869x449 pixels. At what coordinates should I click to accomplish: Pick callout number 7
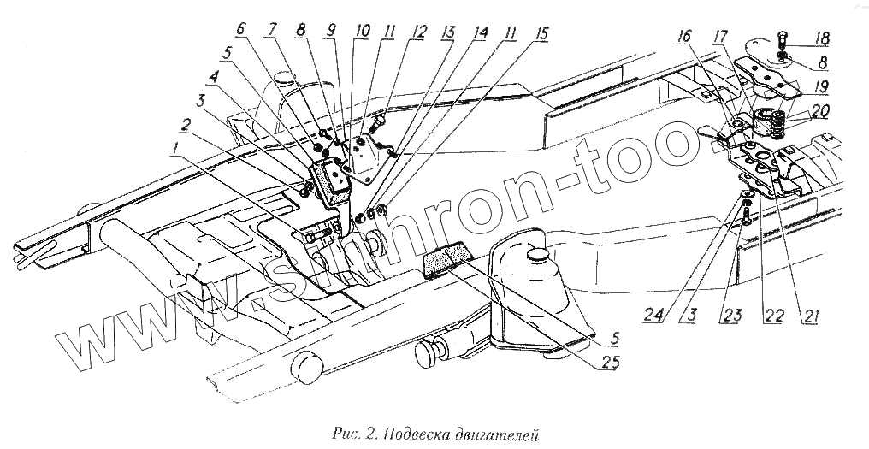click(x=271, y=29)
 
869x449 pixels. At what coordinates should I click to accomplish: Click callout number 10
click(x=364, y=31)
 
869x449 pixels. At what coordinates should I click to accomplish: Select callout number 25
click(x=607, y=361)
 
